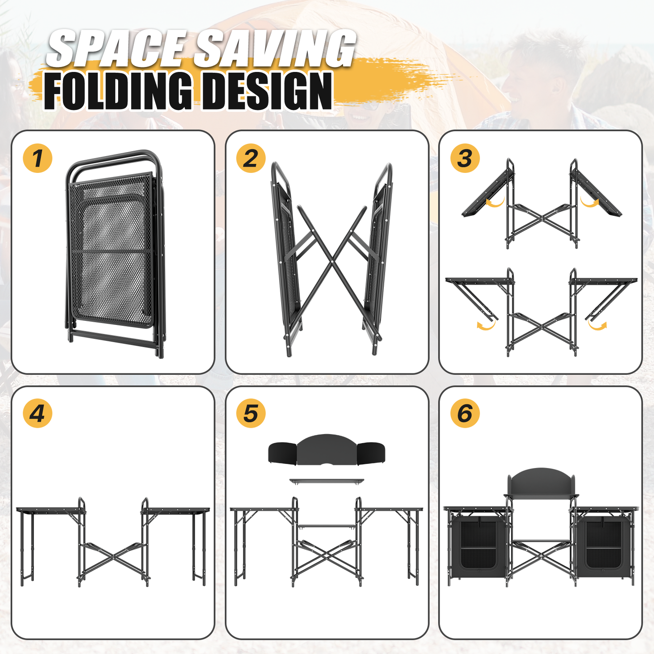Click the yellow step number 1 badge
pos(37,158)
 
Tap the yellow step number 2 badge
pos(251,158)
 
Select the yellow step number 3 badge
pos(465,158)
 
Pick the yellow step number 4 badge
pos(37,413)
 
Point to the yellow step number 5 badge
pos(251,413)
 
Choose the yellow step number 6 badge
pos(465,413)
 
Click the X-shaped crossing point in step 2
pos(332,261)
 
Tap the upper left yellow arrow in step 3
pos(495,203)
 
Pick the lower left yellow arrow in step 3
pos(486,325)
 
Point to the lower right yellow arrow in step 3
pos(597,325)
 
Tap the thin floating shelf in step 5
pos(327,481)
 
